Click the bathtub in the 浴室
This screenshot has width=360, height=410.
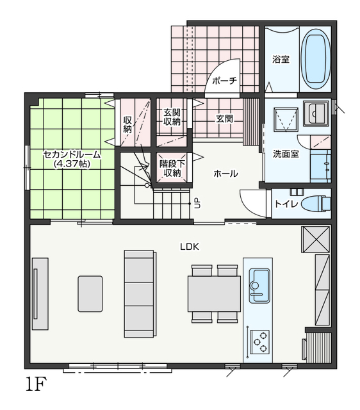click(x=316, y=60)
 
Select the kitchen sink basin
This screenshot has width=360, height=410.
click(x=259, y=286)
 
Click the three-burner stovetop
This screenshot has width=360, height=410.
click(x=259, y=341)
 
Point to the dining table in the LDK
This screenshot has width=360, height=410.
click(x=214, y=293)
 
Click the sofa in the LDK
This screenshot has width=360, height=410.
click(x=140, y=293)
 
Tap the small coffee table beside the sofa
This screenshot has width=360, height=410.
click(x=90, y=293)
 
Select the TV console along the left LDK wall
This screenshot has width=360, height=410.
click(x=40, y=293)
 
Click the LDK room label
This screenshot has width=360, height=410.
click(x=190, y=247)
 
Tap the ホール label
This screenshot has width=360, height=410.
click(x=225, y=174)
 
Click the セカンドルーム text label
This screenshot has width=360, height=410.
click(x=72, y=155)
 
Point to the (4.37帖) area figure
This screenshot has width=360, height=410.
click(x=72, y=164)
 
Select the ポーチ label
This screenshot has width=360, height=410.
click(x=224, y=81)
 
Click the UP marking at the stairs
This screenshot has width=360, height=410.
click(x=197, y=203)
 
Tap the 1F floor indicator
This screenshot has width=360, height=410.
click(x=36, y=384)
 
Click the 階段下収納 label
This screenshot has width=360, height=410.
click(x=172, y=168)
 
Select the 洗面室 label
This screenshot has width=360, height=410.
click(x=286, y=154)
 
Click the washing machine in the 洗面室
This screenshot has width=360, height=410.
click(x=286, y=119)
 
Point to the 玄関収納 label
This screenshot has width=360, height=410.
click(x=172, y=117)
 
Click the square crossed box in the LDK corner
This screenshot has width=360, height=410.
click(x=316, y=239)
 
